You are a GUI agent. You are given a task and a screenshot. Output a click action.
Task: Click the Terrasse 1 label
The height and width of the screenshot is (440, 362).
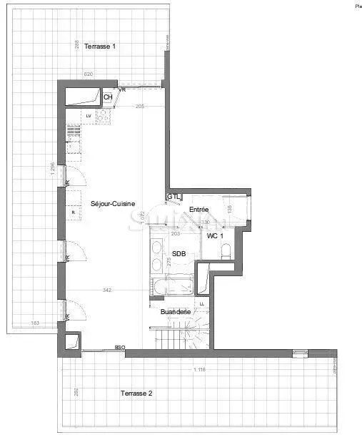tap(100, 47)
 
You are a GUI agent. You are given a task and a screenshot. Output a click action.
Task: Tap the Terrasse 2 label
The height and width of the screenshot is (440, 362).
tap(136, 393)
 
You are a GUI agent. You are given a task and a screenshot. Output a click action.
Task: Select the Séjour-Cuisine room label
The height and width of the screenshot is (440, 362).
tap(113, 204)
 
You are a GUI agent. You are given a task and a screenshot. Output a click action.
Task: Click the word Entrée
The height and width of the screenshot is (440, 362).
tap(198, 209)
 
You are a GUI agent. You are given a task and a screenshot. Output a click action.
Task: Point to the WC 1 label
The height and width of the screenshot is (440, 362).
tap(216, 236)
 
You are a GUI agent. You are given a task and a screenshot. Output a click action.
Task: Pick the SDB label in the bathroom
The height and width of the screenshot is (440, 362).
tap(179, 255)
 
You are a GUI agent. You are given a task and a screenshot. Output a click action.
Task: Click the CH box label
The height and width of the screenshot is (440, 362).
tap(108, 97)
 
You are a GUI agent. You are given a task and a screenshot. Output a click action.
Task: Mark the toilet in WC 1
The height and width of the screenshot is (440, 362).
tap(226, 250)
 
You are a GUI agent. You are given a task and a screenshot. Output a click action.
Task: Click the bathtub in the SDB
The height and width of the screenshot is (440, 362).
tap(171, 288)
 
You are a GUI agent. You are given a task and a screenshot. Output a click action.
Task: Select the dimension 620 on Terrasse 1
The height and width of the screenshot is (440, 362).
tap(89, 74)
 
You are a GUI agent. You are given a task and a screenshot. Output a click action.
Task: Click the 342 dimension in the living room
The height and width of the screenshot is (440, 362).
tap(107, 290)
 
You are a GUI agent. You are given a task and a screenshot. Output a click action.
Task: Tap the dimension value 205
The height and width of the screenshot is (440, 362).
tap(140, 106)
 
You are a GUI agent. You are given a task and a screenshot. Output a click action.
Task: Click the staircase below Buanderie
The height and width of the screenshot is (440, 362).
tap(182, 336)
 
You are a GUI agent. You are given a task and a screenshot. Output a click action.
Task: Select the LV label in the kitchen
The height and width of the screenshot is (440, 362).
tap(89, 115)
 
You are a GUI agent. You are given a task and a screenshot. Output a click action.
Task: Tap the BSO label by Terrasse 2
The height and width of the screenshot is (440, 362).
tap(120, 348)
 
